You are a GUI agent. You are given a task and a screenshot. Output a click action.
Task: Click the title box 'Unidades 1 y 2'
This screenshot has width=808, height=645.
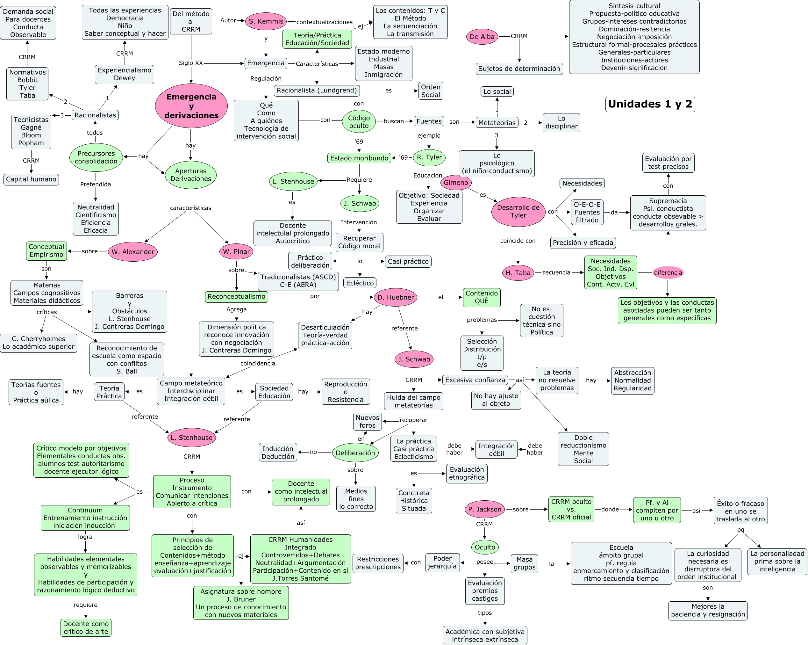click(650, 104)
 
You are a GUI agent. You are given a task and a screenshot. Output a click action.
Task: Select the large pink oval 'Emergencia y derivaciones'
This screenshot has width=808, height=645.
click(191, 106)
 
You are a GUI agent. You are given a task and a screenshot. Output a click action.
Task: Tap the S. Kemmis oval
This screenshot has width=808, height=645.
click(266, 21)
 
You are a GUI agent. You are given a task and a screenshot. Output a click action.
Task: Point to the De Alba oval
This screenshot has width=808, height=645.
click(482, 37)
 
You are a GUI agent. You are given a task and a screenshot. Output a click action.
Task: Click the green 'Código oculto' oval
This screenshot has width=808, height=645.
click(359, 121)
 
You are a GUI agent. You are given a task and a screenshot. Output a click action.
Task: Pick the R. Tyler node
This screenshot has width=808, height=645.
click(429, 157)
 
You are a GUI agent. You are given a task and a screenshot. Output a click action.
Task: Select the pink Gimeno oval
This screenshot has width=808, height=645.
click(456, 183)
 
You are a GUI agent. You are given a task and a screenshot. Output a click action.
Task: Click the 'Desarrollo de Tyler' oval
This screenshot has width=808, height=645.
click(518, 212)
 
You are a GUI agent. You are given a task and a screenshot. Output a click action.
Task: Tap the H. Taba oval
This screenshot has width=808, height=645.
click(518, 272)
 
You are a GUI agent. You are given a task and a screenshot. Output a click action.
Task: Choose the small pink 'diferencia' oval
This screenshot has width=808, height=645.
click(668, 272)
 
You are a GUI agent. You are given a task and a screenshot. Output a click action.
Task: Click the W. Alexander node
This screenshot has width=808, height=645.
click(133, 252)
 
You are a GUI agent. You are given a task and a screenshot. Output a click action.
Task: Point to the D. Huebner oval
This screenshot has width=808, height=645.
click(395, 297)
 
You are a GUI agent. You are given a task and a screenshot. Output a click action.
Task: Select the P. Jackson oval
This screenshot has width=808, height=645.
click(484, 509)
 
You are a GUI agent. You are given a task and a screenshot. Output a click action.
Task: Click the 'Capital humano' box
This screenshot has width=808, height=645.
click(31, 179)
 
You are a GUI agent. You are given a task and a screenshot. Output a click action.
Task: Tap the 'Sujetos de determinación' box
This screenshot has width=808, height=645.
click(519, 69)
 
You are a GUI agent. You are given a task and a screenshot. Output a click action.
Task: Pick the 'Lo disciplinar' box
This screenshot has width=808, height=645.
click(561, 123)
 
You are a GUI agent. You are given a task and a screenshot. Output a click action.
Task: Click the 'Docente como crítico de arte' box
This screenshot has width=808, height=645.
click(86, 627)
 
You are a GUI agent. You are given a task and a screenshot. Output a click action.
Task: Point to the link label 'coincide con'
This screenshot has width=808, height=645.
click(518, 241)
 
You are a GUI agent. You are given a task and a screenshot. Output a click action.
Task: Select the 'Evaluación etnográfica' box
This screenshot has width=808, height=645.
click(467, 473)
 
